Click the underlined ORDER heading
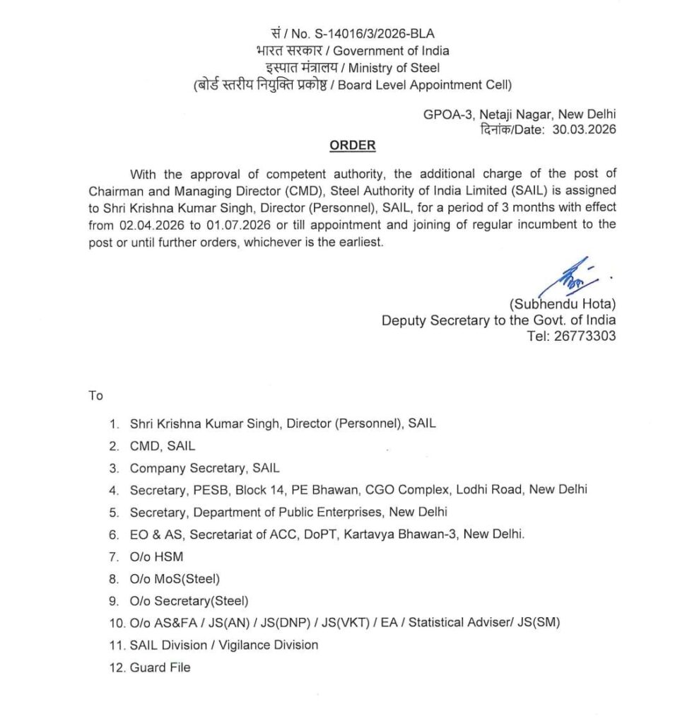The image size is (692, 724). coord(353,146)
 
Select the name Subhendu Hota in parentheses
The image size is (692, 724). coord(563,304)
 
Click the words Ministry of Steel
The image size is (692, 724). coord(394,68)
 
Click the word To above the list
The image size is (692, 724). coord(96,395)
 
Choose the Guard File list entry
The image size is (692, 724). coord(160,667)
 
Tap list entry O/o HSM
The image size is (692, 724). coord(156,557)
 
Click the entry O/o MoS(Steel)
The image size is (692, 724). coord(175,579)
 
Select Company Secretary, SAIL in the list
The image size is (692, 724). coord(204,468)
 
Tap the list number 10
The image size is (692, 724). coord(116,623)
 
